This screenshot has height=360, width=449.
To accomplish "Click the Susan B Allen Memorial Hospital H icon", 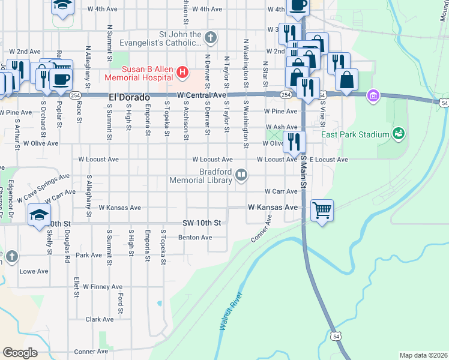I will point(183,73).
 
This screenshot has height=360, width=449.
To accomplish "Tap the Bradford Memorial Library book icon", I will point(241,175).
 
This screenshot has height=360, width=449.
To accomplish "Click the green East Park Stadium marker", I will point(397,133).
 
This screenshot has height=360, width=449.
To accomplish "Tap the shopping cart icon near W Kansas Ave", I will point(322,210).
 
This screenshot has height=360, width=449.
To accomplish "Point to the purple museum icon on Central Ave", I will point(373,95).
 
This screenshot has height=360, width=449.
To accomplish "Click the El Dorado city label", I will point(129,97).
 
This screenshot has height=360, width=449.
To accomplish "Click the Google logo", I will point(20,353).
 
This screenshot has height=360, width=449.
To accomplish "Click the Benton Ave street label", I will point(195,238).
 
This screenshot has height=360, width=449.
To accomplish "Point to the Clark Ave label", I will point(100,319).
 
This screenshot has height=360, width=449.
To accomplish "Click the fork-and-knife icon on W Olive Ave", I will point(294,142).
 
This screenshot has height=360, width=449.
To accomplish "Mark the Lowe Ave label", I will point(34,271).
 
